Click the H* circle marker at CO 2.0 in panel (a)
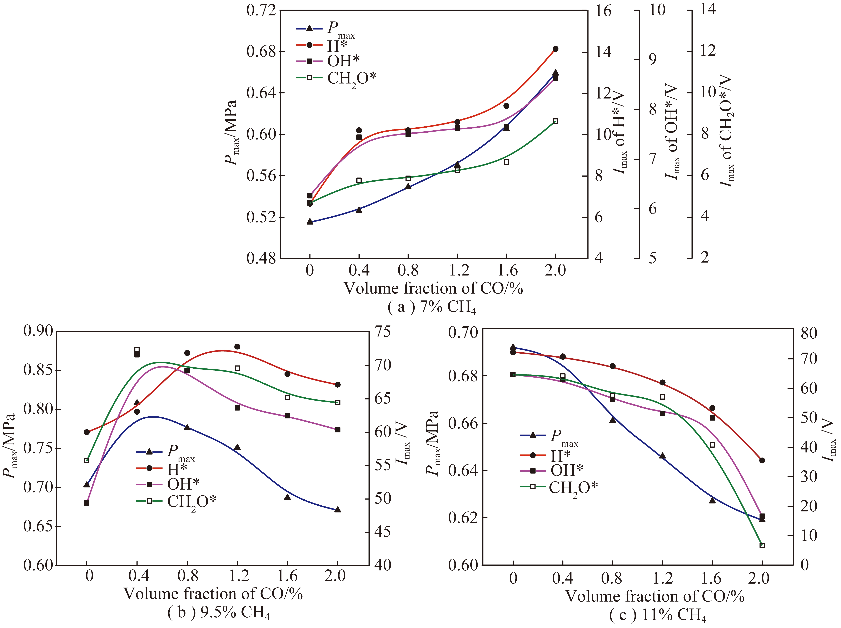tap(555, 49)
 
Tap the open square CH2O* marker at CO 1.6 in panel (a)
tap(506, 162)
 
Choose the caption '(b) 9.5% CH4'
tap(219, 613)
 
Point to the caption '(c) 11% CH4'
tap(657, 615)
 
